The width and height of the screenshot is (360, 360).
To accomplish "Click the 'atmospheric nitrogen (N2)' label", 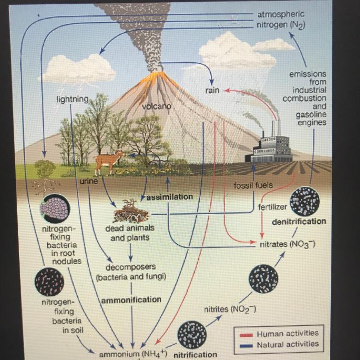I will click(281, 19).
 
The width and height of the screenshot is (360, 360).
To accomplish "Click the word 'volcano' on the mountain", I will click(156, 105).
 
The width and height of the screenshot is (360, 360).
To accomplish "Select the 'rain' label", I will click(212, 90).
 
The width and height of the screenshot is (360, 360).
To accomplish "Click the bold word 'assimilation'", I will click(169, 197).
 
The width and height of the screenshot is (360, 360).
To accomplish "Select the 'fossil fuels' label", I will click(253, 185).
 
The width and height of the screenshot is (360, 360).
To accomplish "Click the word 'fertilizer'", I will click(273, 207).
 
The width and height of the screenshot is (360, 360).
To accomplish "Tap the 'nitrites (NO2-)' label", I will click(230, 310).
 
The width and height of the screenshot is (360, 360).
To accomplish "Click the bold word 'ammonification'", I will click(131, 300).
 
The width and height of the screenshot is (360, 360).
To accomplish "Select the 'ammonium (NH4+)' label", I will click(132, 355).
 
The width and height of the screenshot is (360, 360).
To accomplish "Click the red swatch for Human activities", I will click(244, 334).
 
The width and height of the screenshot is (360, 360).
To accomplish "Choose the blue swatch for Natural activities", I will click(244, 344).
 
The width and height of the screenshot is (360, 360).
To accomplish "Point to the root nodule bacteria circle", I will click(50, 206).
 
